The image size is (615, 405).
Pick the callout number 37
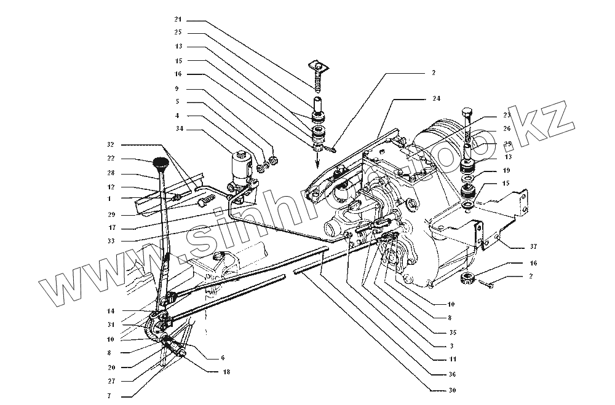tap(533, 247)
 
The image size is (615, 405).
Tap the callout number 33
tap(110, 240)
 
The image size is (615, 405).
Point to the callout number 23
tap(490, 114)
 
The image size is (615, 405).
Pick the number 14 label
tap(110, 310)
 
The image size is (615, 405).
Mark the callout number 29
tap(110, 214)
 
